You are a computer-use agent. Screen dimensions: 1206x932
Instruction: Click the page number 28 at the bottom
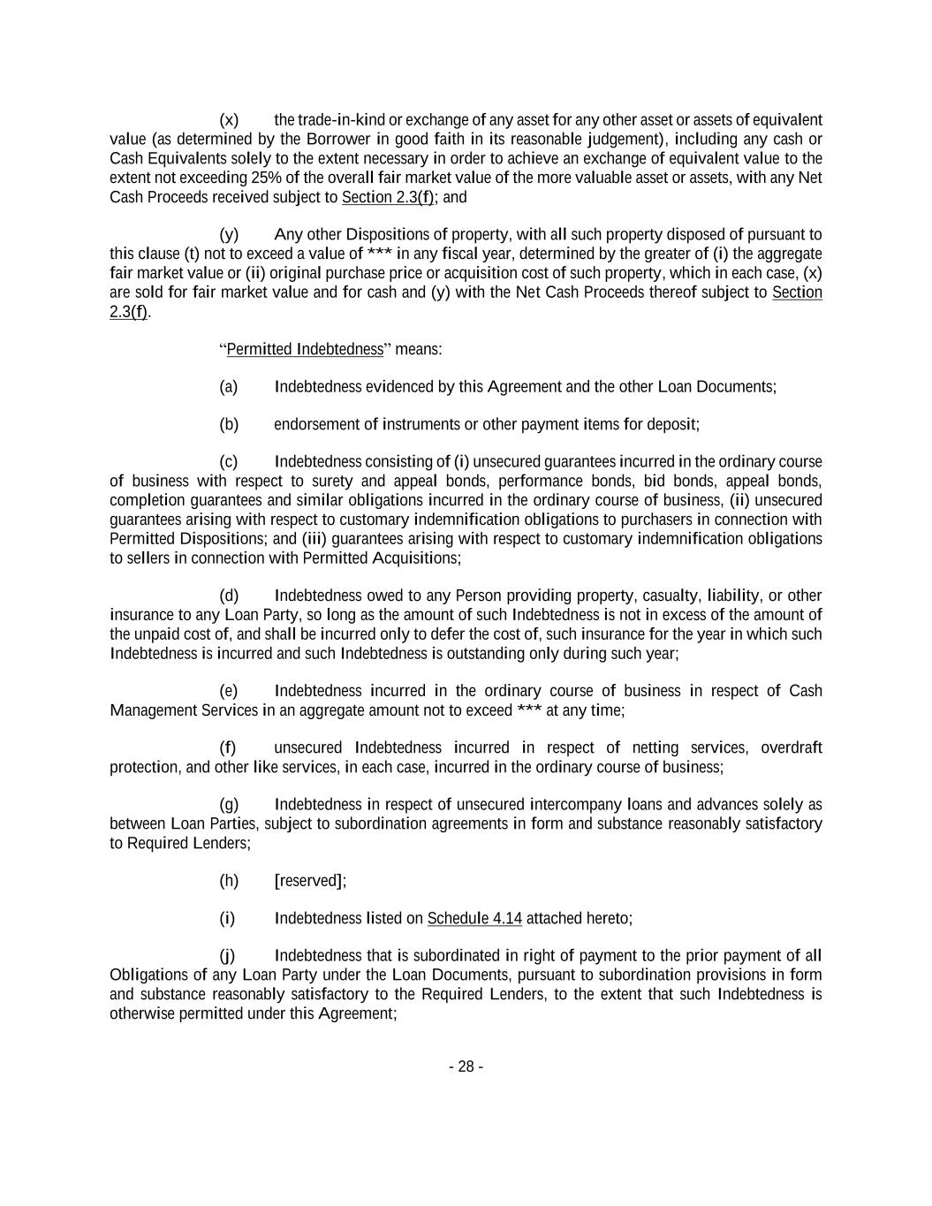pyautogui.click(x=466, y=1066)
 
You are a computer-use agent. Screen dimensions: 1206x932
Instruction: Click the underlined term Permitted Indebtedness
pyautogui.click(x=305, y=349)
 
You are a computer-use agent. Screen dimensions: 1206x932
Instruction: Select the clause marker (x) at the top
pyautogui.click(x=229, y=120)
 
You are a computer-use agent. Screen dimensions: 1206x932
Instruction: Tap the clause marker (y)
pyautogui.click(x=229, y=235)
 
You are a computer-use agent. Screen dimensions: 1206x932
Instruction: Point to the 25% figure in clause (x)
pyautogui.click(x=267, y=178)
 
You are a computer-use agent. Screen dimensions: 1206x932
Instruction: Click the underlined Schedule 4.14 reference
pyautogui.click(x=474, y=918)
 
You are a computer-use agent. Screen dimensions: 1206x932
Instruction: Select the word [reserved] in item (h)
pyautogui.click(x=310, y=881)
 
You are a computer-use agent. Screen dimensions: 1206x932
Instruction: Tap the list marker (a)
pyautogui.click(x=229, y=387)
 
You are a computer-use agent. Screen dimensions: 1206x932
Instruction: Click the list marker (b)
pyautogui.click(x=229, y=424)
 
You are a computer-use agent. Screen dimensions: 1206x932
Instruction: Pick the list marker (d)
pyautogui.click(x=229, y=595)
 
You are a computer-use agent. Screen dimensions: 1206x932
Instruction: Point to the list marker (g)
pyautogui.click(x=229, y=805)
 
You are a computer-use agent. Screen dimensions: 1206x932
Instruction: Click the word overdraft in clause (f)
pyautogui.click(x=791, y=748)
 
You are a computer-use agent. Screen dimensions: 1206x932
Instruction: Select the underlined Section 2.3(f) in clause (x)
pyautogui.click(x=387, y=197)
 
